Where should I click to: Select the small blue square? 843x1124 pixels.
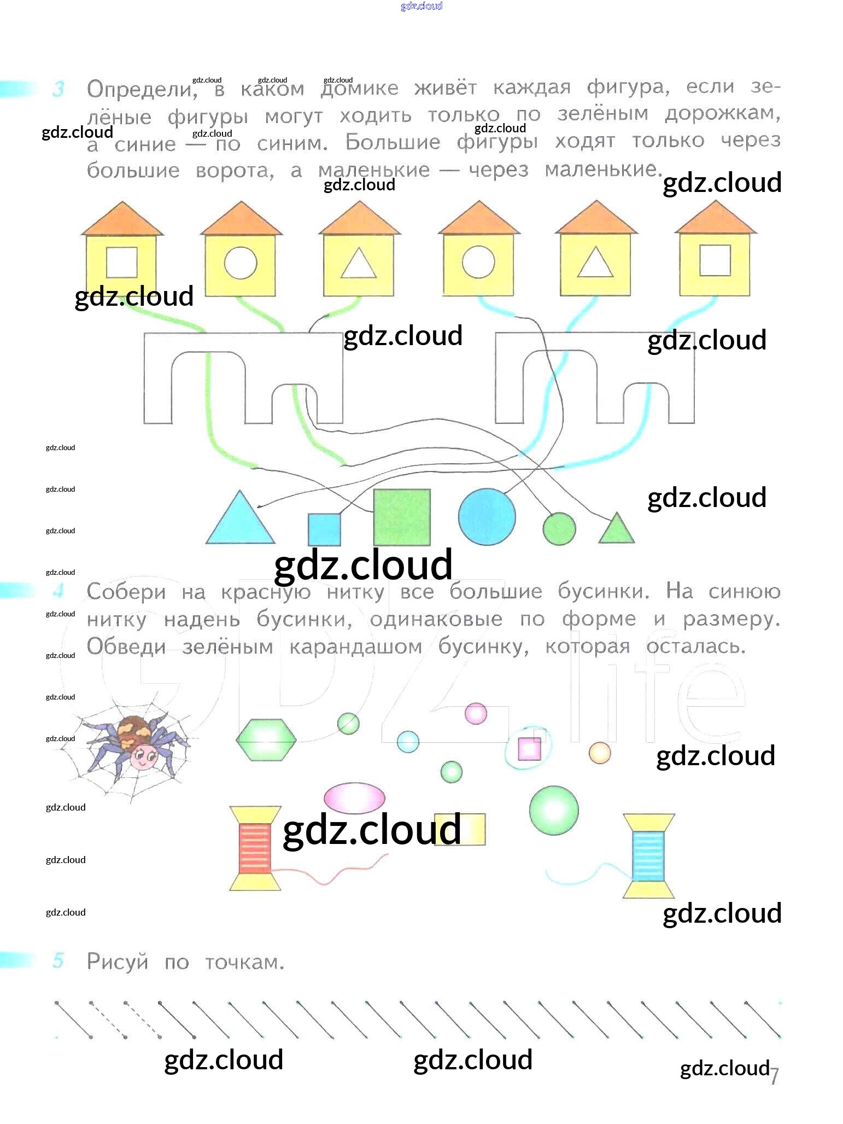(x=324, y=529)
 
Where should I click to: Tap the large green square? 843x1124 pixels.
(x=402, y=517)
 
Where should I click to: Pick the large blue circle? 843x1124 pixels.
(x=487, y=516)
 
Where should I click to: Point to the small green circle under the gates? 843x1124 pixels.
(x=559, y=529)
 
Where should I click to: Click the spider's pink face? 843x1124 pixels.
(x=144, y=758)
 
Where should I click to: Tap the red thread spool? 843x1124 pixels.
(x=255, y=848)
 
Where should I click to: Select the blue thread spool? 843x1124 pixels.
(x=648, y=856)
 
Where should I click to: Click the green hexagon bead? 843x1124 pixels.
(x=266, y=740)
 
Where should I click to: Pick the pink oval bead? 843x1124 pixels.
(x=354, y=798)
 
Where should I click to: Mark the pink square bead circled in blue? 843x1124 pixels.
(x=529, y=749)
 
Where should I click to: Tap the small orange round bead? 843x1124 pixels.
(x=600, y=753)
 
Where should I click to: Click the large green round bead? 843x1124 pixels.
(x=554, y=810)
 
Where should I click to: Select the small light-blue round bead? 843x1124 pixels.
(x=408, y=742)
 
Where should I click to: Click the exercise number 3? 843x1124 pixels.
(x=58, y=89)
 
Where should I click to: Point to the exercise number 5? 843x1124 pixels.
(x=58, y=960)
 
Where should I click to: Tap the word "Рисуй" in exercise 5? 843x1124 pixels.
(x=118, y=962)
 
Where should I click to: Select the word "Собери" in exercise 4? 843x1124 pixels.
(x=126, y=592)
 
